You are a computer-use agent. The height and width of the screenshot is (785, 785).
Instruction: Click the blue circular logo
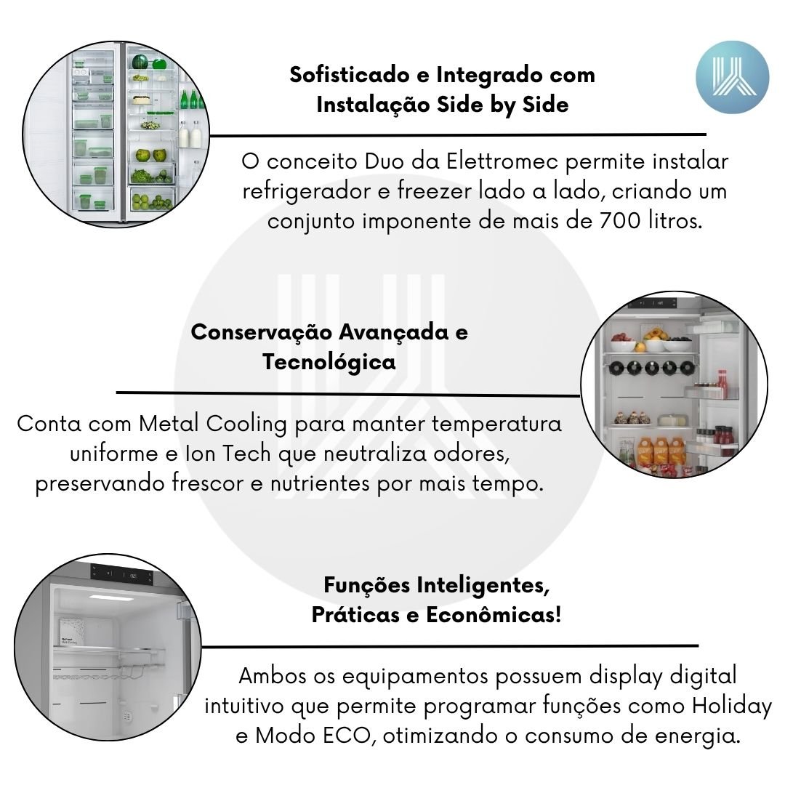point(732,77)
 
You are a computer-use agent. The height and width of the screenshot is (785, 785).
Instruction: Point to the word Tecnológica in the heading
point(329,361)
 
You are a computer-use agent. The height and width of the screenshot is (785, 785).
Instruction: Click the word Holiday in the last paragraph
point(731,706)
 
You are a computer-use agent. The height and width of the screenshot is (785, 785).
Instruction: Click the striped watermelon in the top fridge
point(140,62)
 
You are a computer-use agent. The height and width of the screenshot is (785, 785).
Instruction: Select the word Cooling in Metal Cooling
point(246,424)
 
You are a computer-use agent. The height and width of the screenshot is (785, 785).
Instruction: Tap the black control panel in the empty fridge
point(121,576)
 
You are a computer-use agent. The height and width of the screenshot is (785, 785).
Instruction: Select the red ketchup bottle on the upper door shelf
point(722,384)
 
